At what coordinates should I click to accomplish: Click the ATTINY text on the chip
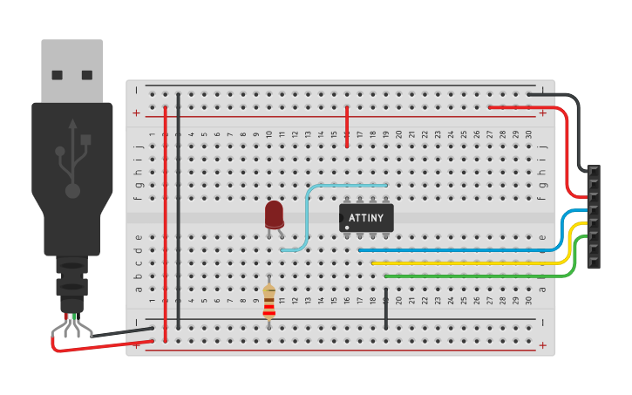tap(366, 217)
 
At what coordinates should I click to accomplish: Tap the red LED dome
tap(274, 213)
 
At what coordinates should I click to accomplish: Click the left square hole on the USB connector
tap(58, 75)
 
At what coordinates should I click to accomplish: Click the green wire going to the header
tap(471, 276)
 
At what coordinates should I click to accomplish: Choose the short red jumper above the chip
tap(347, 126)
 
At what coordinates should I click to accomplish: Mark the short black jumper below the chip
tap(385, 312)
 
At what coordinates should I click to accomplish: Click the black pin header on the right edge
tap(594, 216)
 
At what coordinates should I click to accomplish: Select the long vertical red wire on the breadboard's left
tap(165, 218)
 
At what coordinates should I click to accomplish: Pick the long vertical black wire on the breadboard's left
tap(178, 209)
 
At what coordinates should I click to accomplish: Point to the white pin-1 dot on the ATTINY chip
tap(347, 228)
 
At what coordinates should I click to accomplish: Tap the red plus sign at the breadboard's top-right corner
tap(542, 112)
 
